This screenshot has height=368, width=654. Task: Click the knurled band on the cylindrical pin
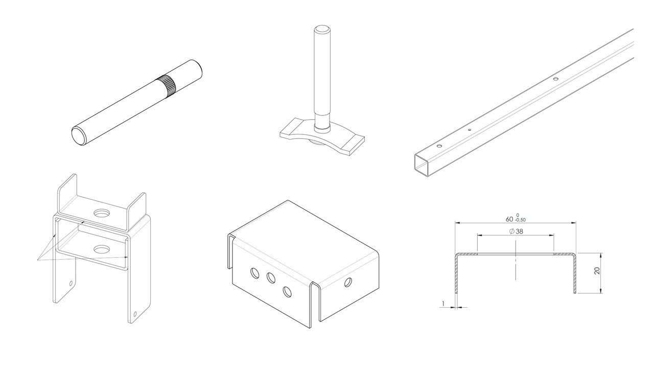(x=166, y=86)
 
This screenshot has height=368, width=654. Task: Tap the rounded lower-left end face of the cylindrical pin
(x=79, y=136)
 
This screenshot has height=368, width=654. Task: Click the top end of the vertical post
(x=322, y=30)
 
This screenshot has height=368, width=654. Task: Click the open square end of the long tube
(x=423, y=166)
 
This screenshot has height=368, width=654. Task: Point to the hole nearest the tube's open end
(x=438, y=146)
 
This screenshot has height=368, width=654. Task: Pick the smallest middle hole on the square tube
(x=470, y=130)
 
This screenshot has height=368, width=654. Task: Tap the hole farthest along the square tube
(x=555, y=78)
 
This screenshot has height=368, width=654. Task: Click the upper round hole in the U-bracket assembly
(x=101, y=213)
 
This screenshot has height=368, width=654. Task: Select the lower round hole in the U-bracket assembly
(x=101, y=249)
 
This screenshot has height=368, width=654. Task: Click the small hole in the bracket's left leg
(x=71, y=283)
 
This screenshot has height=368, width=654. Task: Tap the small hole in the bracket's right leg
(x=134, y=314)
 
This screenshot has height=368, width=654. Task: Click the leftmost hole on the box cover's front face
(x=254, y=273)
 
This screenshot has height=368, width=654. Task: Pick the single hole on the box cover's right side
(x=348, y=283)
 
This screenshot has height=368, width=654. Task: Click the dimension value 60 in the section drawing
(x=509, y=219)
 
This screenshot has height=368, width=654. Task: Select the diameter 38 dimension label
(x=516, y=232)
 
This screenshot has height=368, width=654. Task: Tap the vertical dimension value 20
(x=597, y=271)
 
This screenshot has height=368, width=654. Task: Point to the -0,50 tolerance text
(x=521, y=220)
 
